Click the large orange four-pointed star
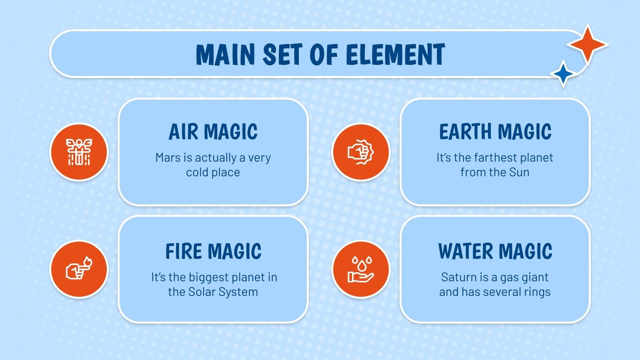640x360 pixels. (587, 44)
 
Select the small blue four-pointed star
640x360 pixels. (563, 74)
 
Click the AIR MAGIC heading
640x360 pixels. (213, 132)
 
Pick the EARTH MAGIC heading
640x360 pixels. (495, 132)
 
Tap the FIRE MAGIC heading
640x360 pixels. (213, 252)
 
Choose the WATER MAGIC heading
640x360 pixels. (495, 252)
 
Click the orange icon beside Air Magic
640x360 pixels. (79, 152)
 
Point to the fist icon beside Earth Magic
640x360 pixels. (361, 152)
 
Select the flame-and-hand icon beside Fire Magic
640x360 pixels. (79, 269)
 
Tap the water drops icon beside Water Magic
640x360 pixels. (361, 269)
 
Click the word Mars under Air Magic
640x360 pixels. (168, 158)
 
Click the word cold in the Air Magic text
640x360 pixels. (197, 172)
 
